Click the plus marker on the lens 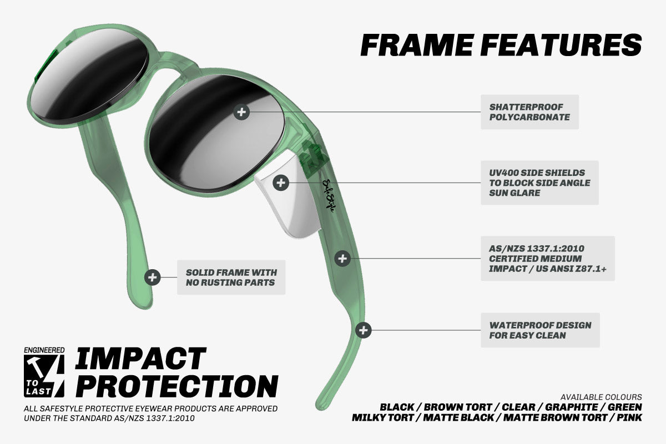pyautogui.click(x=241, y=112)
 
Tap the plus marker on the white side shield pyautogui.click(x=281, y=183)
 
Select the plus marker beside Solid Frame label pyautogui.click(x=153, y=277)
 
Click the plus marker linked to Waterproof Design pyautogui.click(x=364, y=330)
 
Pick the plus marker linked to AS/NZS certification pyautogui.click(x=342, y=259)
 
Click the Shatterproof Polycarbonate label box pyautogui.click(x=530, y=112)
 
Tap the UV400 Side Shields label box pyautogui.click(x=539, y=183)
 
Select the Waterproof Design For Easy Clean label pyautogui.click(x=540, y=330)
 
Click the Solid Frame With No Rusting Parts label pyautogui.click(x=231, y=277)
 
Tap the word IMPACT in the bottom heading pyautogui.click(x=140, y=359)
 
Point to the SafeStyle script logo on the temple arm pyautogui.click(x=329, y=195)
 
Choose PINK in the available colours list pyautogui.click(x=629, y=417)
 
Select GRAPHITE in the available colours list pyautogui.click(x=572, y=407)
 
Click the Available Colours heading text pyautogui.click(x=601, y=397)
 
